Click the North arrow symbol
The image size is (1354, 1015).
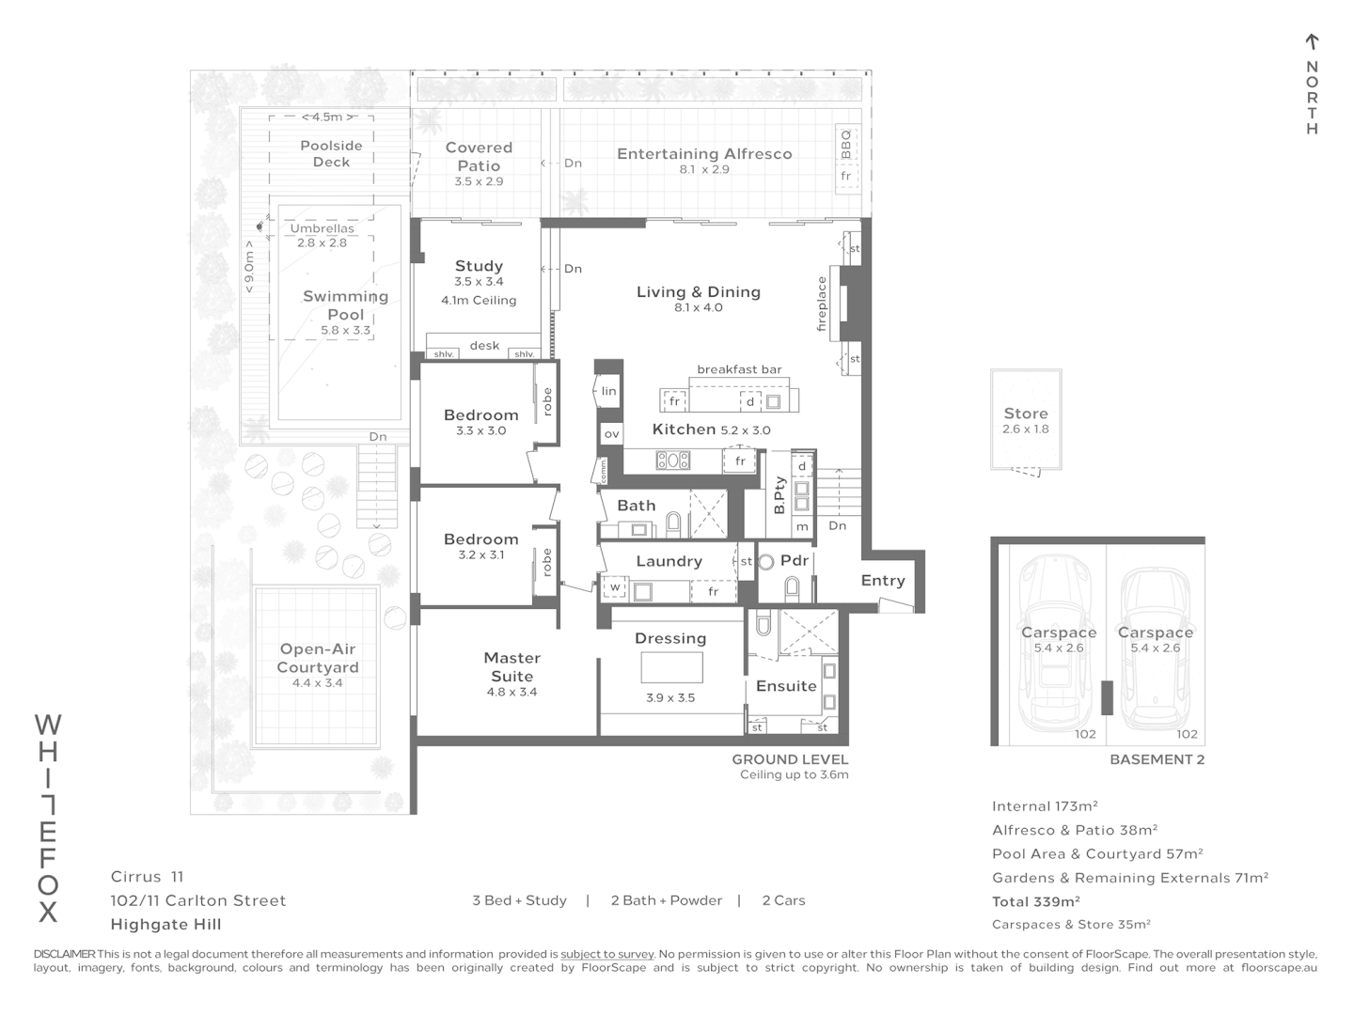tap(1312, 42)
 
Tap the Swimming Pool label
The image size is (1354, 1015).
tap(345, 305)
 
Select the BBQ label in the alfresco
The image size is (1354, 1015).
tap(845, 143)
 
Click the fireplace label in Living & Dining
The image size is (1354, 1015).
tap(822, 304)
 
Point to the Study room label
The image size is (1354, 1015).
tap(479, 266)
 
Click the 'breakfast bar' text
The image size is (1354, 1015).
tap(739, 369)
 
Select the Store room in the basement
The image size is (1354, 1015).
tap(1025, 419)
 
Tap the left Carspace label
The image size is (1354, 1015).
tap(1059, 632)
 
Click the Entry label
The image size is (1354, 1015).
tap(882, 581)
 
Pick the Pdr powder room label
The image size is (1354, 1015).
tap(795, 560)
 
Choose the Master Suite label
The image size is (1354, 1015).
tap(512, 667)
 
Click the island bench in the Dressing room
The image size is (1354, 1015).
tap(671, 667)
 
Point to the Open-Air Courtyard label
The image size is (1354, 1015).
tap(318, 658)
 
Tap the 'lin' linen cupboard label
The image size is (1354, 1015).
tap(609, 391)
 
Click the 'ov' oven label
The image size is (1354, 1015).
tap(611, 433)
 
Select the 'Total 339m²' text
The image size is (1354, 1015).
tap(1036, 901)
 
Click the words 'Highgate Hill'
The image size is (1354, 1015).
tap(166, 924)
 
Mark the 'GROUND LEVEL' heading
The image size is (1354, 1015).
tap(790, 759)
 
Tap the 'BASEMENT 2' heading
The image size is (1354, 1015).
tap(1157, 759)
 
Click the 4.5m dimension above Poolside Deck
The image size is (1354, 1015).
tap(322, 117)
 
